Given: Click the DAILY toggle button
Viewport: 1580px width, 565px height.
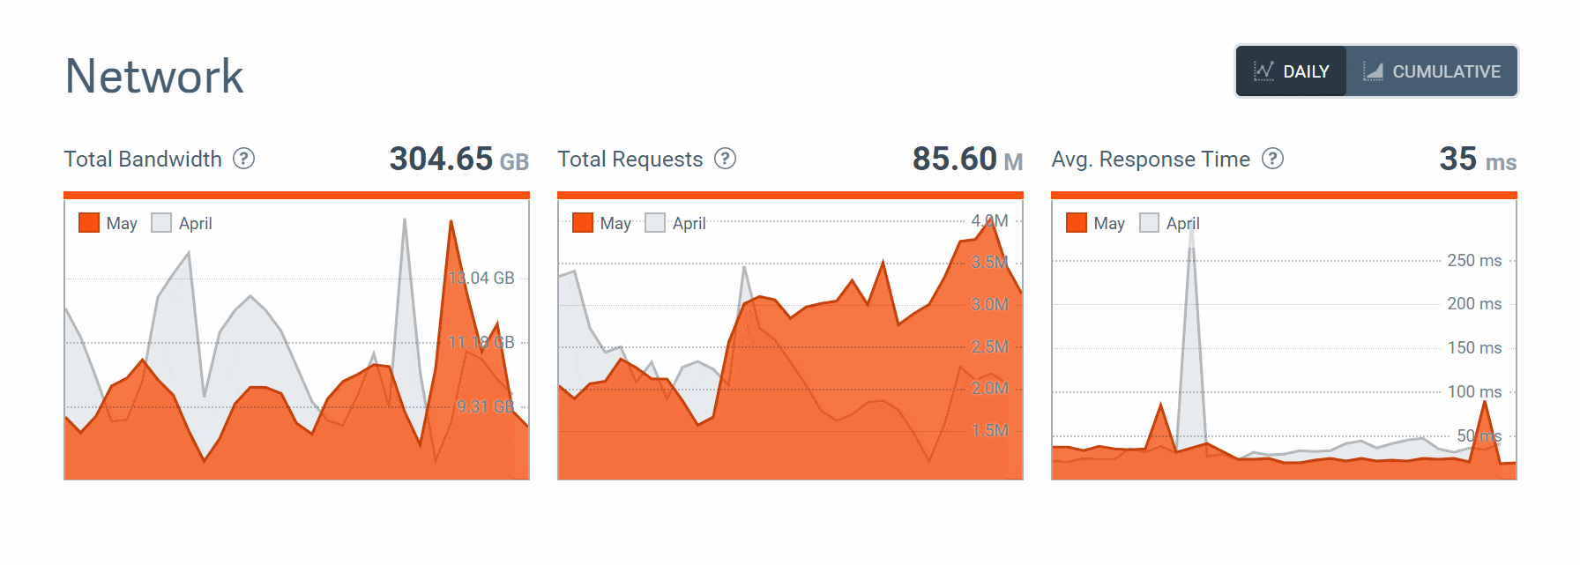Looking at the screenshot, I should click(1291, 71).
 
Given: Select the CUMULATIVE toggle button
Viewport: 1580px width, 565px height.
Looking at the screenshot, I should click(1432, 71).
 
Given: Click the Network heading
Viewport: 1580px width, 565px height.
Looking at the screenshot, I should click(154, 76).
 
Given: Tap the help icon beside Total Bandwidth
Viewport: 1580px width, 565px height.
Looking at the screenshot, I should click(243, 159).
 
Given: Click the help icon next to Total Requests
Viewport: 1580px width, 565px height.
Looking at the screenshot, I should click(725, 159).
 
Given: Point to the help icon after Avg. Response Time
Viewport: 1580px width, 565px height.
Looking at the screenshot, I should click(1272, 159).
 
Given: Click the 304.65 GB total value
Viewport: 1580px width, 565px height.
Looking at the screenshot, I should click(458, 160).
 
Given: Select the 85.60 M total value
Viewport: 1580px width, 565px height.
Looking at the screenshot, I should click(967, 160).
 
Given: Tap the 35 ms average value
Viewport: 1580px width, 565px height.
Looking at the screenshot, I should click(1477, 160).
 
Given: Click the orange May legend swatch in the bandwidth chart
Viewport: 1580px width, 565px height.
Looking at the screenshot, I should click(89, 223).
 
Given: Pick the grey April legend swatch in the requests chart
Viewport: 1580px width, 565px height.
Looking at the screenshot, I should click(655, 223).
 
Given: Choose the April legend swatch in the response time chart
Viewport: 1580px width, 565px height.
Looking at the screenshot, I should click(1149, 223).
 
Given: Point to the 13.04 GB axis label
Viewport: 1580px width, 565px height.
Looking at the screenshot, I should click(481, 279).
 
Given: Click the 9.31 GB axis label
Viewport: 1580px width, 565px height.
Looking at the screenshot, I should click(485, 406).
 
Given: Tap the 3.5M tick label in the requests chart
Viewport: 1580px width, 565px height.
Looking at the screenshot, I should click(989, 262).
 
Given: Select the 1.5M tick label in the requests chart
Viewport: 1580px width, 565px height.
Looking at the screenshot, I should click(989, 430).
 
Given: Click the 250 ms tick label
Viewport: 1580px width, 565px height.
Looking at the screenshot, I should click(1474, 260).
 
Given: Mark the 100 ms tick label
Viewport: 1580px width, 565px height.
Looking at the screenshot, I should click(1474, 391).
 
